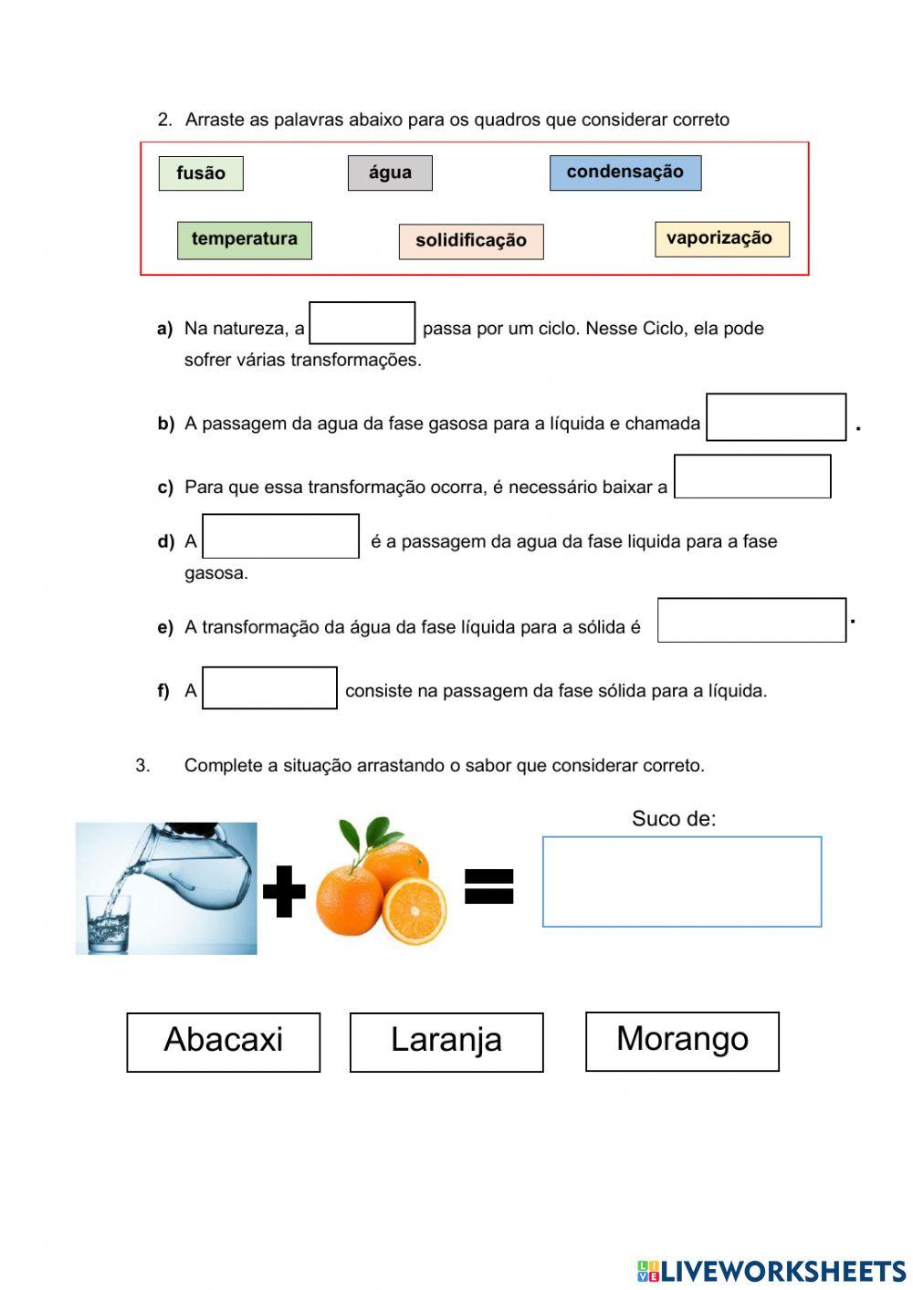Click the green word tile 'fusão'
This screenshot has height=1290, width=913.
coord(201,173)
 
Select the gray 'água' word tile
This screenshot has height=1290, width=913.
coord(390,173)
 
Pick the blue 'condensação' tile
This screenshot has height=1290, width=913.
coord(625,173)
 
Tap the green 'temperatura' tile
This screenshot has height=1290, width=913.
coord(244,240)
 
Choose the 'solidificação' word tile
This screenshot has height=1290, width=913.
coord(471,241)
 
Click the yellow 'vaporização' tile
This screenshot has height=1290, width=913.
coord(721,239)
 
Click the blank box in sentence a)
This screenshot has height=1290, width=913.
coord(362,323)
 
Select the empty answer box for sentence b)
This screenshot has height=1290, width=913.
coord(776,417)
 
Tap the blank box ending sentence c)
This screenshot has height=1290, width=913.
coord(752,477)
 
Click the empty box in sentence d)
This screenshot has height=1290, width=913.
coord(280,536)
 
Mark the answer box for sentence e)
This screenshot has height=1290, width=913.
coord(751,620)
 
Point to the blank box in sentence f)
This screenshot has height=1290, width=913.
coord(269,687)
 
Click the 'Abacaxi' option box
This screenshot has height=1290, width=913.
coord(224,1042)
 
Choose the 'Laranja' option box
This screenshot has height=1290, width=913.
coord(446,1042)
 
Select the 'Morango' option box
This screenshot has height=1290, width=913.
coord(682,1041)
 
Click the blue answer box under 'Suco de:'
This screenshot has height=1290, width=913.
coord(682,882)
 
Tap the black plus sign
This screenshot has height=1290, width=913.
coord(284,890)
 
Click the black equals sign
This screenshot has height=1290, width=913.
coord(489,886)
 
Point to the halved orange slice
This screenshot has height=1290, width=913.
coord(415,911)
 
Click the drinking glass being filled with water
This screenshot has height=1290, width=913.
coord(109,924)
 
